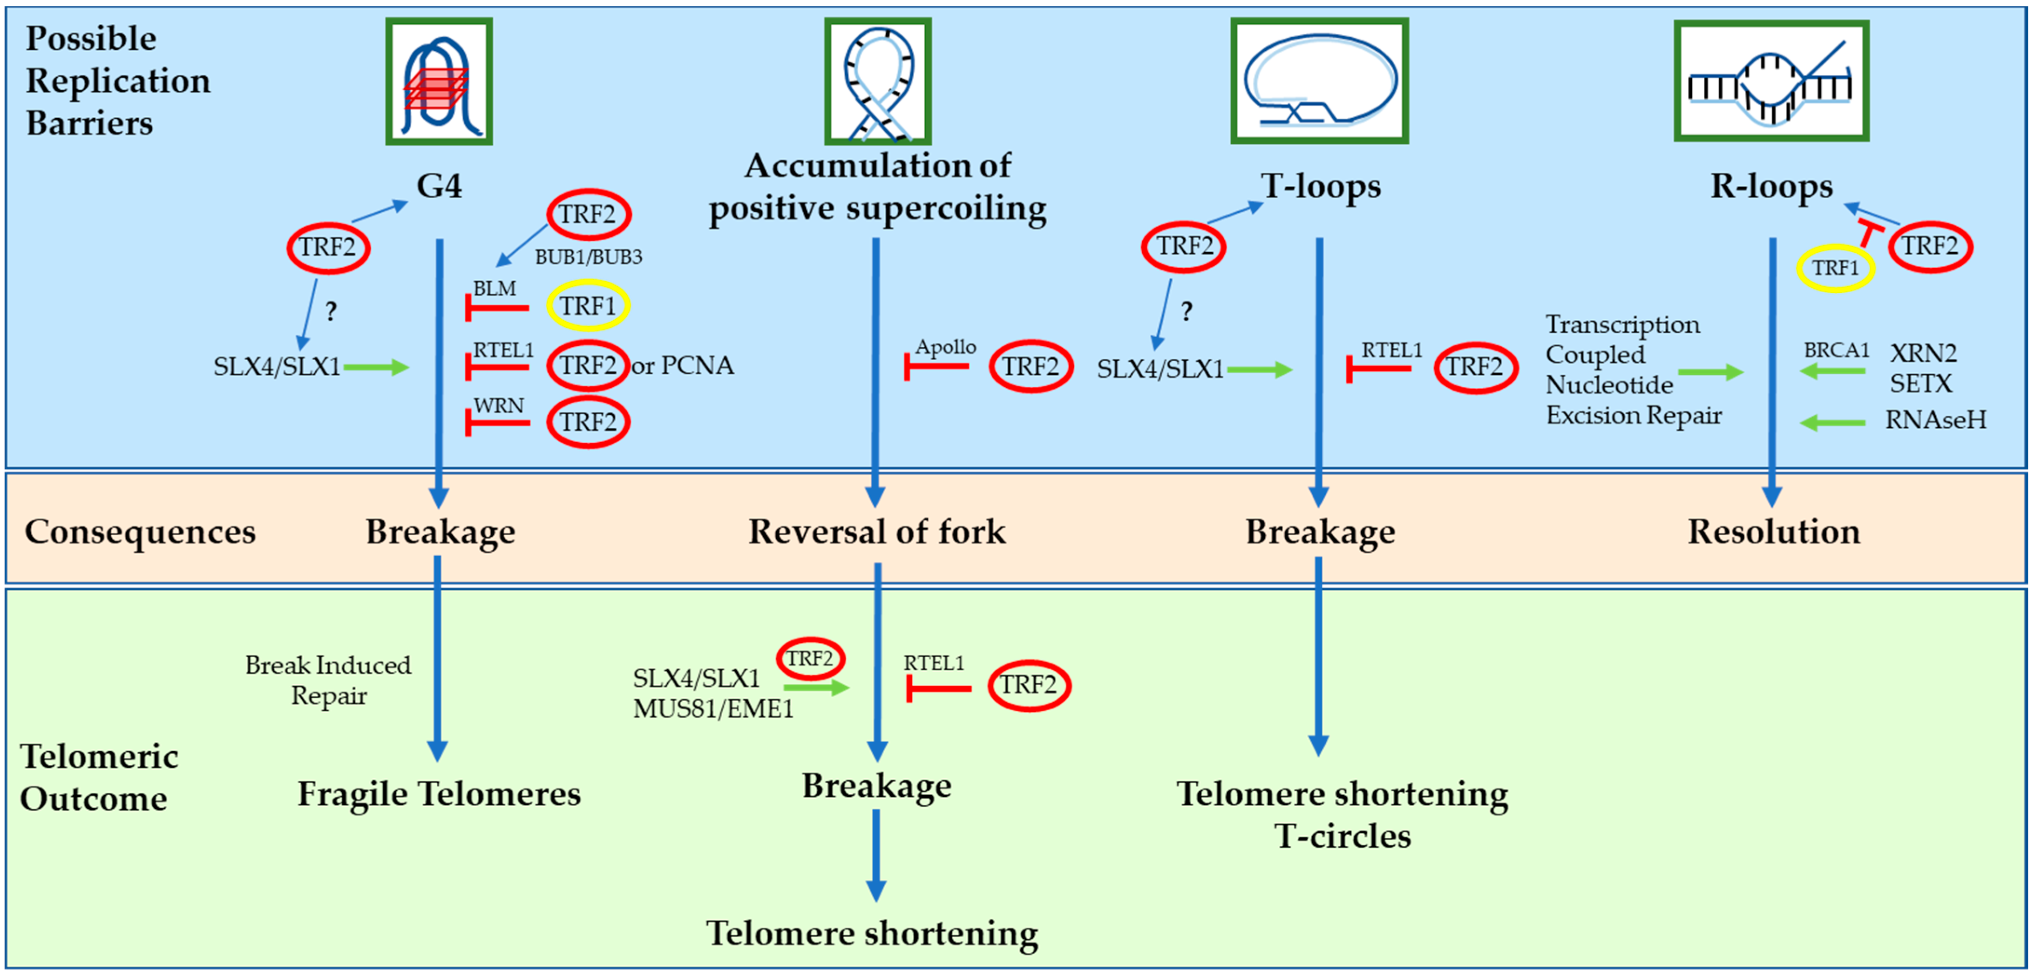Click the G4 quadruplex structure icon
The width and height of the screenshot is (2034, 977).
coord(439,82)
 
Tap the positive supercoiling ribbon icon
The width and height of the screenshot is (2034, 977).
coord(877,82)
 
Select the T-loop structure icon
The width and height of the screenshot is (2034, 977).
coord(1319,82)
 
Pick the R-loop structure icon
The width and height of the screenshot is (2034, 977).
coord(1770,82)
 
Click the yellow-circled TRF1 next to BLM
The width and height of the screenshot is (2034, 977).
coord(588,306)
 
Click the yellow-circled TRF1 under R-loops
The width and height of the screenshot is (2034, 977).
coord(1835,268)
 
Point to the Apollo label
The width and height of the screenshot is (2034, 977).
coord(945,347)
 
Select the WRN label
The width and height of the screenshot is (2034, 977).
coord(498,405)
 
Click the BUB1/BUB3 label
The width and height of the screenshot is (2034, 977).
coord(588,257)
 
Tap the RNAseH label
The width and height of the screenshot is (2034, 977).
coord(1935,420)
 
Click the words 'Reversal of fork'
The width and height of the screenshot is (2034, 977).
coord(876,532)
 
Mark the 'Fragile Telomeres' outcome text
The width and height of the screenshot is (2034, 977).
coord(439,794)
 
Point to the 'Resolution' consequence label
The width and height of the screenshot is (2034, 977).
coord(1773,532)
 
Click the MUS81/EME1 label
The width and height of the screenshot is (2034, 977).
coord(713,709)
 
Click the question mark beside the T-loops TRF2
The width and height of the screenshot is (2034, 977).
coord(1186,312)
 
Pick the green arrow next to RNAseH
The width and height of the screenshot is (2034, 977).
coord(1832,423)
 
